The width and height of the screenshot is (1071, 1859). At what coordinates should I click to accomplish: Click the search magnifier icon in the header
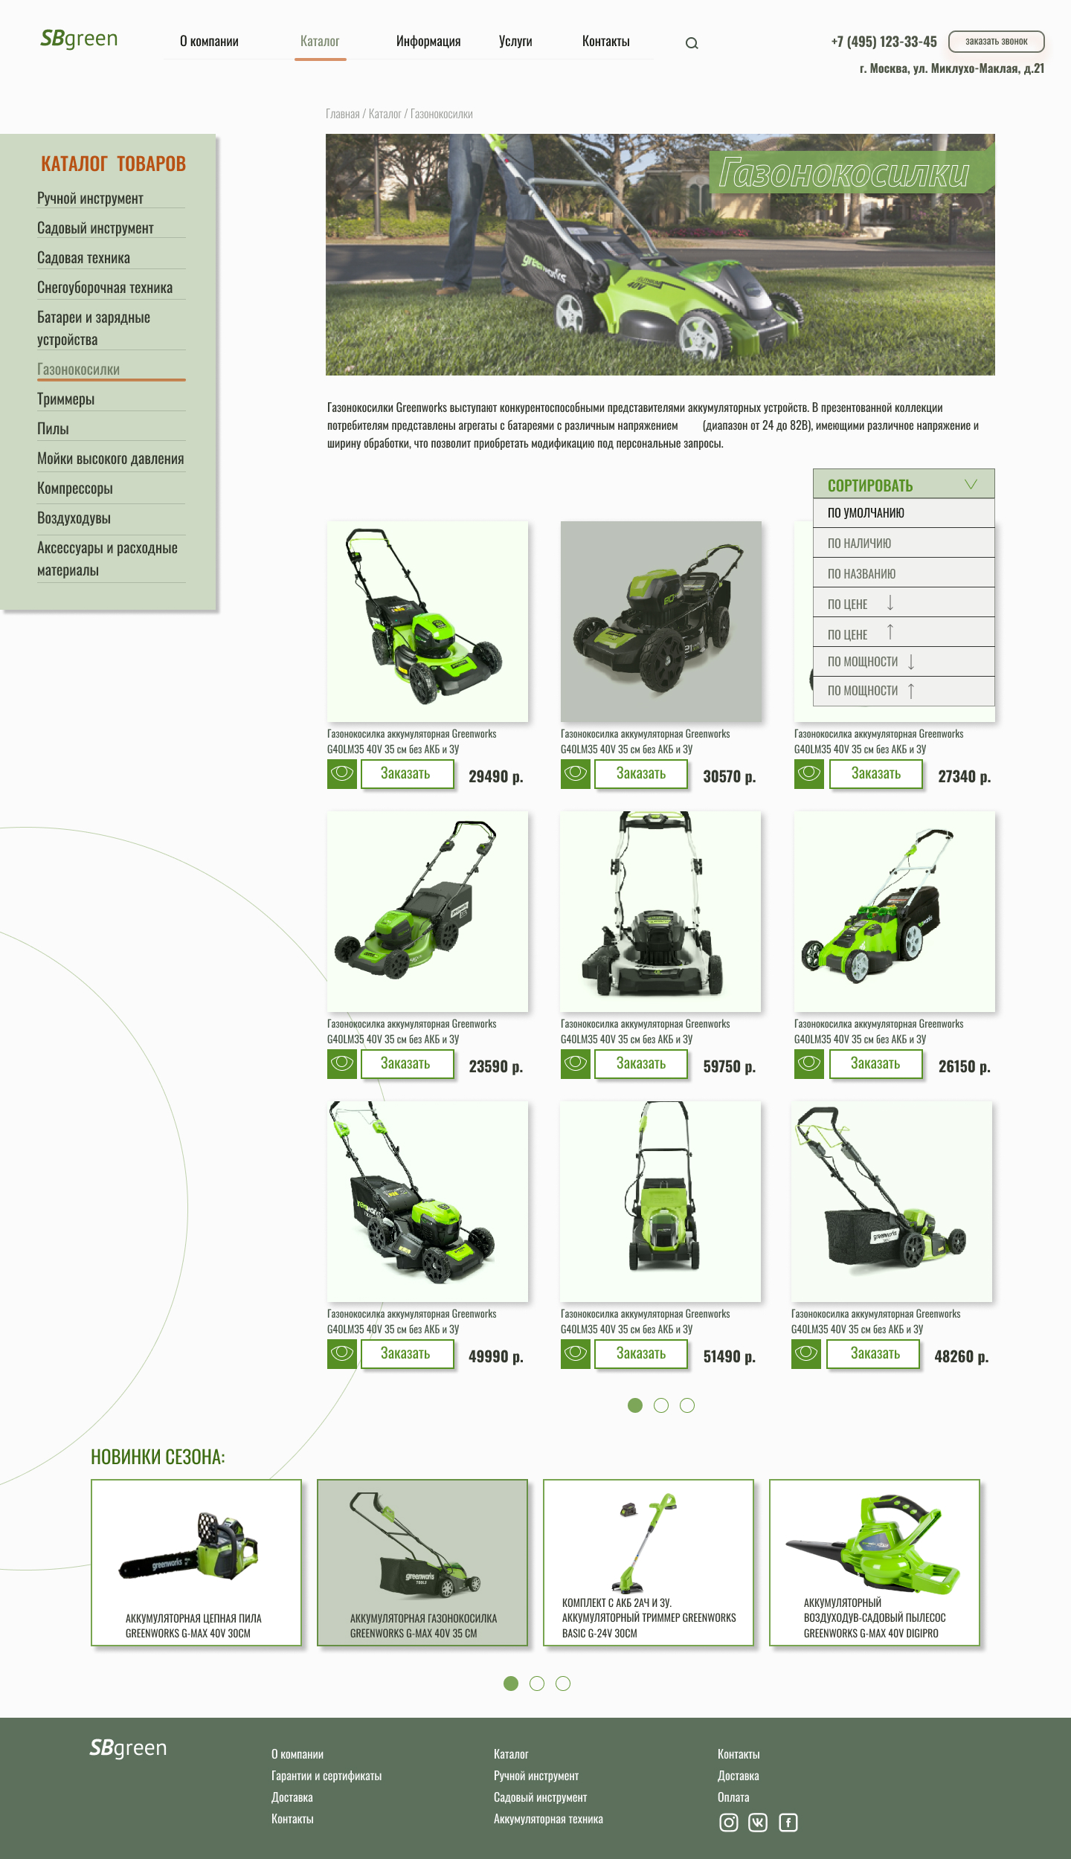click(x=692, y=43)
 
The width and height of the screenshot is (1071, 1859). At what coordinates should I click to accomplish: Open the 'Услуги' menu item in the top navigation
click(x=515, y=41)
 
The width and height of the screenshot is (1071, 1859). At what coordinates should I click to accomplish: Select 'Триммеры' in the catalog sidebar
click(x=66, y=399)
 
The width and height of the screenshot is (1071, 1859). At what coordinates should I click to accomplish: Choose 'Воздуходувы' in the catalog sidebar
click(x=74, y=518)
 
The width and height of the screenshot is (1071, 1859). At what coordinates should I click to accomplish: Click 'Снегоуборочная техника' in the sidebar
click(x=105, y=288)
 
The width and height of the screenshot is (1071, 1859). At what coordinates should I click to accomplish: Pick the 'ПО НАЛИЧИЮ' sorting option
click(x=859, y=544)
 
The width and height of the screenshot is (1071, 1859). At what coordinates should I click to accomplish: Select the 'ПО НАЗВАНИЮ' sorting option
click(x=861, y=574)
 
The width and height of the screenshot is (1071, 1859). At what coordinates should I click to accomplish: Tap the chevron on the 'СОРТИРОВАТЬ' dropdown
click(x=971, y=485)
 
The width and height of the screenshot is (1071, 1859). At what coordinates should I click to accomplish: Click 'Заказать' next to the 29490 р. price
click(x=407, y=774)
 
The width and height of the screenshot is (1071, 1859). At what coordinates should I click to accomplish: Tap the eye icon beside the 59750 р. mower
click(x=576, y=1064)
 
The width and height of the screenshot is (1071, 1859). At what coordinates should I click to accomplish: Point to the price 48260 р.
click(x=961, y=1357)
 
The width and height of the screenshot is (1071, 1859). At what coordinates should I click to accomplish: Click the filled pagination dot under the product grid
click(x=635, y=1405)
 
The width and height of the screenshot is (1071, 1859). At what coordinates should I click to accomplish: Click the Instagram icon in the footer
click(x=729, y=1823)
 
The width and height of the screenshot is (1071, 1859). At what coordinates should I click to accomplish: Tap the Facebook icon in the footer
click(x=788, y=1823)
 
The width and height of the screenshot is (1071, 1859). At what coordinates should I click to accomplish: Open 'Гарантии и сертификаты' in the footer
click(x=327, y=1776)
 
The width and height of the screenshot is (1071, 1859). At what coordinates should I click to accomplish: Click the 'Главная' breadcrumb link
click(x=342, y=114)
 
